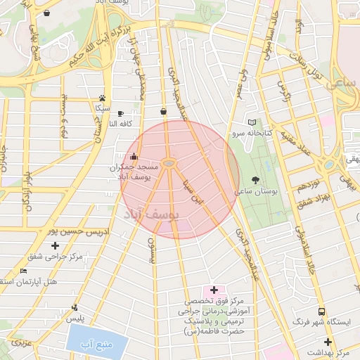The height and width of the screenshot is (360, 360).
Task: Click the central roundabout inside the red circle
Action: click(169, 164)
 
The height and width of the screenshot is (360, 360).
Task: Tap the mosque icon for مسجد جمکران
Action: click(134, 157)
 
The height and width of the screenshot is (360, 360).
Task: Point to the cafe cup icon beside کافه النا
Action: click(120, 113)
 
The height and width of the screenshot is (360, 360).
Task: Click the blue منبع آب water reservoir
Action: click(98, 342)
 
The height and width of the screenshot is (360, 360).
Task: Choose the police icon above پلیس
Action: click(75, 307)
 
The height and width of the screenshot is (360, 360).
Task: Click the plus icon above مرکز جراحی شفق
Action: click(55, 245)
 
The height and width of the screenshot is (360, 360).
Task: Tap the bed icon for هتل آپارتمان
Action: click(23, 271)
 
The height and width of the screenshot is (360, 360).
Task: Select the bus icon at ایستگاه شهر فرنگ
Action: click(321, 311)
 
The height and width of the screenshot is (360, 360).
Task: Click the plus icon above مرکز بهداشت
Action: click(328, 341)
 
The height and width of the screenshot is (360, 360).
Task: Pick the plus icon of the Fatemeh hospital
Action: click(214, 290)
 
